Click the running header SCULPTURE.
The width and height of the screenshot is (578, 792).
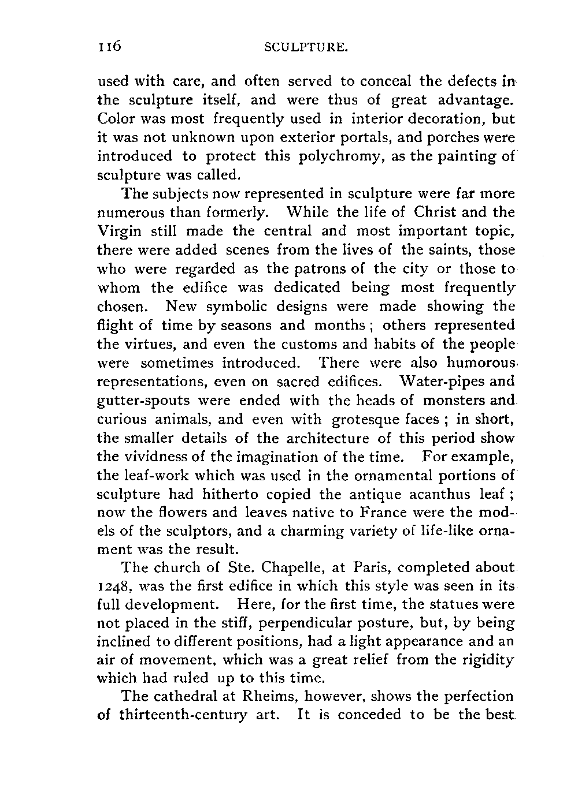(x=306, y=48)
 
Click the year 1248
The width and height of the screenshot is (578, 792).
(x=114, y=586)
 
